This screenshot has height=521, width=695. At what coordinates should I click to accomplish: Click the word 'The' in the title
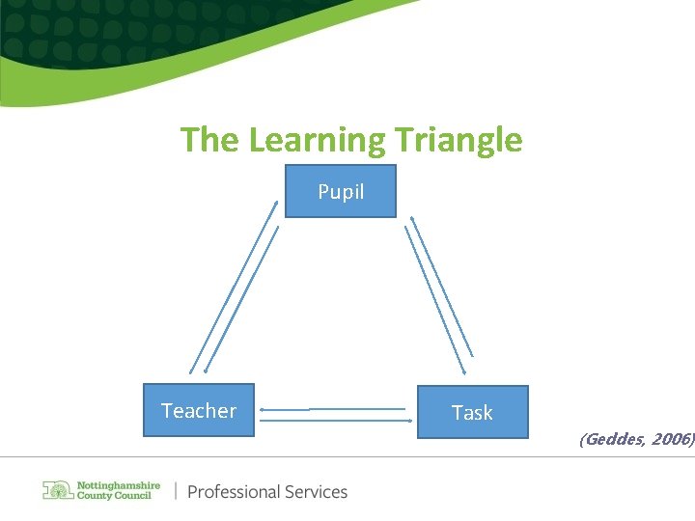[x=209, y=141]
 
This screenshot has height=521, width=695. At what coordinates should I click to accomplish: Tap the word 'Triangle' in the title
[x=459, y=141]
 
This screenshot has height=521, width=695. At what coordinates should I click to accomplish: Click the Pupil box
[x=341, y=191]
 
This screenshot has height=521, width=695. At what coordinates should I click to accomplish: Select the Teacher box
[x=199, y=410]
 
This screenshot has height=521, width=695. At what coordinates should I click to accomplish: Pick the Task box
[x=473, y=412]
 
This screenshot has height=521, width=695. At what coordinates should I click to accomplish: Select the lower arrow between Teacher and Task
[x=334, y=420]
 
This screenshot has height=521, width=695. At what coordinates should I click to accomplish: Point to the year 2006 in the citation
[x=671, y=439]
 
